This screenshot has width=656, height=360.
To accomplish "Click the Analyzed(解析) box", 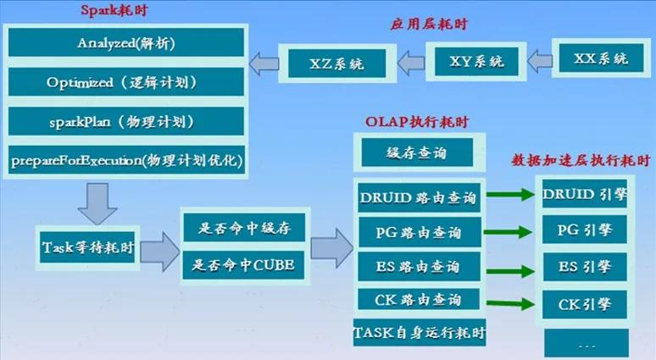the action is click(x=126, y=42).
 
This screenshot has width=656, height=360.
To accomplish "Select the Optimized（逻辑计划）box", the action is click(x=126, y=82).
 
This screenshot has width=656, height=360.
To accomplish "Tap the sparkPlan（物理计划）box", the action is click(x=126, y=121).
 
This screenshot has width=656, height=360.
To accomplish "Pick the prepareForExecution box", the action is click(x=126, y=160).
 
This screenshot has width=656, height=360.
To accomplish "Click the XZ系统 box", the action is click(x=337, y=64).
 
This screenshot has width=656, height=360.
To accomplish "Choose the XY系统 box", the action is click(x=476, y=62).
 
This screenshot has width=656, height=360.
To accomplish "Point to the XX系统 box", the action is click(x=601, y=58).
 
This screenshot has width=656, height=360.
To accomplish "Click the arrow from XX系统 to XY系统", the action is click(x=540, y=62).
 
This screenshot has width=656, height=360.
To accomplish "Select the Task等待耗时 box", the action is click(x=87, y=247).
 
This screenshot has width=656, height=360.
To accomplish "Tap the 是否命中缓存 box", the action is click(x=245, y=228).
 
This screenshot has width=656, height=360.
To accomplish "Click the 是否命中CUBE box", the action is click(x=243, y=264).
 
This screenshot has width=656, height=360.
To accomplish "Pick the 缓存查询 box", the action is click(x=417, y=152).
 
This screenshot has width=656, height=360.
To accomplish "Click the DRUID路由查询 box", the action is click(x=419, y=197).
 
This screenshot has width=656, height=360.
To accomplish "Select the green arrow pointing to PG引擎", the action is click(x=508, y=231).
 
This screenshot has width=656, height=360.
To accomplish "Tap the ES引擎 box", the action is click(x=585, y=267).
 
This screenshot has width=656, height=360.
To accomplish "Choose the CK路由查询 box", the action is click(x=419, y=299).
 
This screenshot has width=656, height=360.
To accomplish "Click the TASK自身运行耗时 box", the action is click(x=420, y=333).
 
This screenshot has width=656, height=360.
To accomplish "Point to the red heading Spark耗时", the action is click(x=114, y=9).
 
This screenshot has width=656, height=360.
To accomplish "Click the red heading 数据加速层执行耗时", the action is click(x=581, y=160).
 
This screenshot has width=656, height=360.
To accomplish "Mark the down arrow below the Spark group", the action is click(x=97, y=203).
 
